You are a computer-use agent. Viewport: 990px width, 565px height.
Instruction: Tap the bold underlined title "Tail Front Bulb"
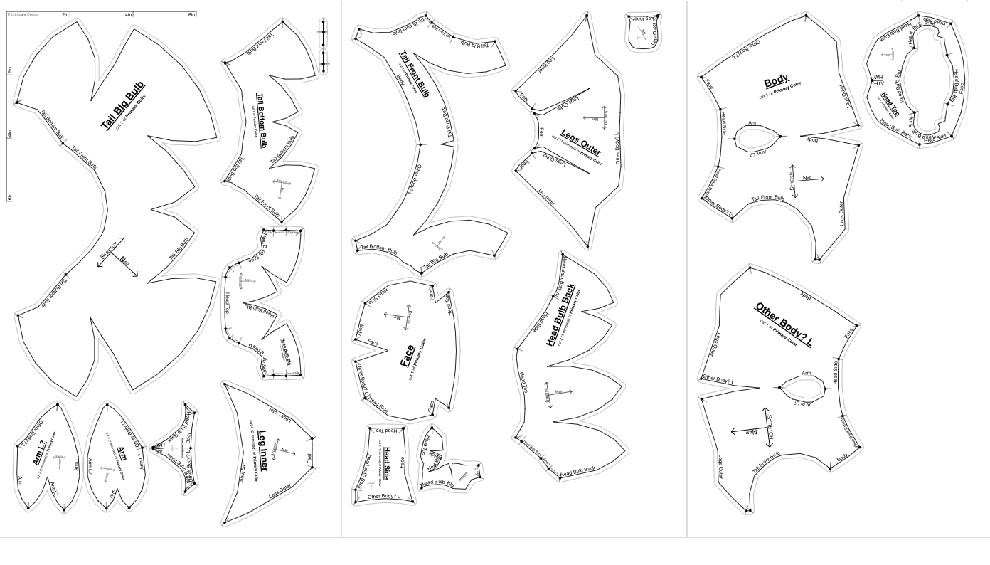pyautogui.click(x=413, y=74)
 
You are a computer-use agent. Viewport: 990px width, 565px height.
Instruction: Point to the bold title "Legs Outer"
pyautogui.click(x=580, y=142)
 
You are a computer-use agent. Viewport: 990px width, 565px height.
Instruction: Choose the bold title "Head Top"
pyautogui.click(x=890, y=103)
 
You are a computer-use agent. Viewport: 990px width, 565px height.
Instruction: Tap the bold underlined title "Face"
pyautogui.click(x=408, y=356)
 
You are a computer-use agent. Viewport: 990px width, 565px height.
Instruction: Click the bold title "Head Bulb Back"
pyautogui.click(x=562, y=315)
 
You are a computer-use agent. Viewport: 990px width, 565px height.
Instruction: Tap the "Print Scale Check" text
pyautogui.click(x=22, y=14)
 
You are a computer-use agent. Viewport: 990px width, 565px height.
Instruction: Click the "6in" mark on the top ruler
pyautogui.click(x=192, y=15)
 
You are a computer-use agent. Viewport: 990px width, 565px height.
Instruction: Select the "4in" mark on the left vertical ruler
pyautogui.click(x=10, y=134)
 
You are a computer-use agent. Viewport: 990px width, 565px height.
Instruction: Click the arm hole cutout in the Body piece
pyautogui.click(x=757, y=137)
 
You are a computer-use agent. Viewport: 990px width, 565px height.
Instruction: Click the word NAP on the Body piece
pyautogui.click(x=808, y=178)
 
